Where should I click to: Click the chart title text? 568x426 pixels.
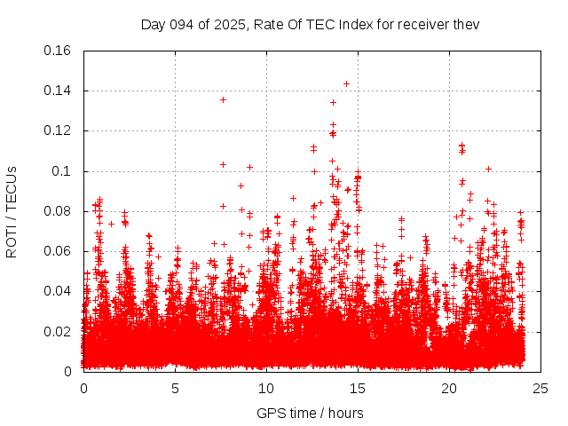pyautogui.click(x=310, y=24)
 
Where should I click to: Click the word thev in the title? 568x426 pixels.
pyautogui.click(x=466, y=24)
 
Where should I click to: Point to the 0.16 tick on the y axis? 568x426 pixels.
pyautogui.click(x=59, y=51)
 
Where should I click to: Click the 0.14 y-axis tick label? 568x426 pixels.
pyautogui.click(x=59, y=91)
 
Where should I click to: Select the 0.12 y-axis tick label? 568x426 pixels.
pyautogui.click(x=59, y=130)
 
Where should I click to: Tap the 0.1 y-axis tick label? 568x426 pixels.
pyautogui.click(x=62, y=170)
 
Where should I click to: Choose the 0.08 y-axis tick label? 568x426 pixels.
pyautogui.click(x=59, y=211)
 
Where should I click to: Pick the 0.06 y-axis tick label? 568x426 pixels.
pyautogui.click(x=59, y=251)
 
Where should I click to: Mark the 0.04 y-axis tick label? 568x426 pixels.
pyautogui.click(x=59, y=291)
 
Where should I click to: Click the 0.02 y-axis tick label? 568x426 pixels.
pyautogui.click(x=59, y=331)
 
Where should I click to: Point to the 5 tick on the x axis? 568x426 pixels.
pyautogui.click(x=176, y=388)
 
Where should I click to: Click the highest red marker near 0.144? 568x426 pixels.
pyautogui.click(x=346, y=83)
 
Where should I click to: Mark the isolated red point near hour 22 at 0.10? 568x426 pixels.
pyautogui.click(x=488, y=169)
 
